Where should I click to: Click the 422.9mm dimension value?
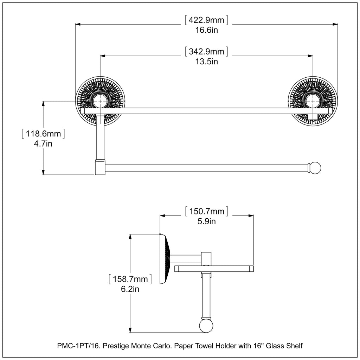[x=207, y=20]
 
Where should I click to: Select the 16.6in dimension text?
[x=207, y=30]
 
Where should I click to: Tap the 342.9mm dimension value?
[x=207, y=52]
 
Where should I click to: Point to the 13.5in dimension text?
[x=207, y=62]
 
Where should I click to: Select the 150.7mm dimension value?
[x=207, y=211]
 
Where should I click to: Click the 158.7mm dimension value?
[x=130, y=279]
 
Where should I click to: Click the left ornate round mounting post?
[x=101, y=101]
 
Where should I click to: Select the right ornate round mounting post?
[x=313, y=101]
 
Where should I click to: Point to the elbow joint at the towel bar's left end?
[x=100, y=167]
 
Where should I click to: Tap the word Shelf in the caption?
[x=295, y=346]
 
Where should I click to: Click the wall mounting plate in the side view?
[x=163, y=259]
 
